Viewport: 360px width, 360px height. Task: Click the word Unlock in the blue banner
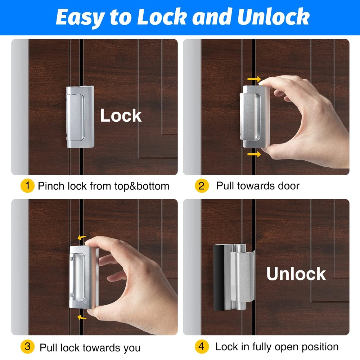click(x=274, y=17)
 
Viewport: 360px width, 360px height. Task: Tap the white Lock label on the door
click(x=121, y=116)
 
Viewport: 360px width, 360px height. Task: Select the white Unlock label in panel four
click(x=296, y=274)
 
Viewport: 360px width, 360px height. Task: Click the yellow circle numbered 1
click(x=27, y=186)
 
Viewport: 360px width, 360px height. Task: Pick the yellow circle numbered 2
click(x=202, y=186)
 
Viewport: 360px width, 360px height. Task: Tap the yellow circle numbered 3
click(x=27, y=346)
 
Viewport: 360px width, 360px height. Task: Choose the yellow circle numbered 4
click(x=202, y=346)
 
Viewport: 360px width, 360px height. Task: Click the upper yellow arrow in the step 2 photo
click(x=254, y=79)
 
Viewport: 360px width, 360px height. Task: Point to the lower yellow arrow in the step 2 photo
click(x=254, y=154)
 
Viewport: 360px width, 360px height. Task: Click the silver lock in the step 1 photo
click(x=80, y=117)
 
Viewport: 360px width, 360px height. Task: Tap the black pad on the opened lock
click(x=219, y=278)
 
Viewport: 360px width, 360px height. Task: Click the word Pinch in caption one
click(x=51, y=186)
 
